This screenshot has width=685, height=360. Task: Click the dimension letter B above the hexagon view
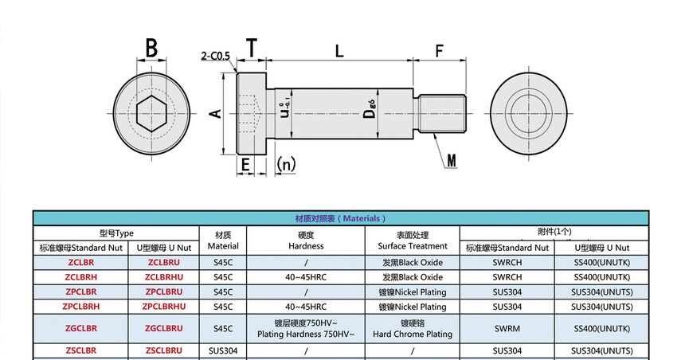(x=151, y=49)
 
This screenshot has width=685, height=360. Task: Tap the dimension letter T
(x=252, y=49)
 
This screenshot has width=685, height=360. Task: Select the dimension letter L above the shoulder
(x=339, y=51)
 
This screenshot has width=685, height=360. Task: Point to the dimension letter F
(x=440, y=51)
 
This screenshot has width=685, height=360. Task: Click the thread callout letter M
(x=452, y=161)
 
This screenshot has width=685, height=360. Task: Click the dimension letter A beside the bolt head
(x=213, y=114)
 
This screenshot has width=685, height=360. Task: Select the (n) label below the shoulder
(x=285, y=164)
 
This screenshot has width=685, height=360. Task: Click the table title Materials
(x=340, y=218)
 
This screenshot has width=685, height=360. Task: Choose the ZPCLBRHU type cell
(x=164, y=306)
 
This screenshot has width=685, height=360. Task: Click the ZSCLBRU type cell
(x=164, y=350)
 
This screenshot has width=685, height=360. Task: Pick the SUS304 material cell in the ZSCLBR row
(x=223, y=350)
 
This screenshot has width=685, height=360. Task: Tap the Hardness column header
(x=306, y=241)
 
